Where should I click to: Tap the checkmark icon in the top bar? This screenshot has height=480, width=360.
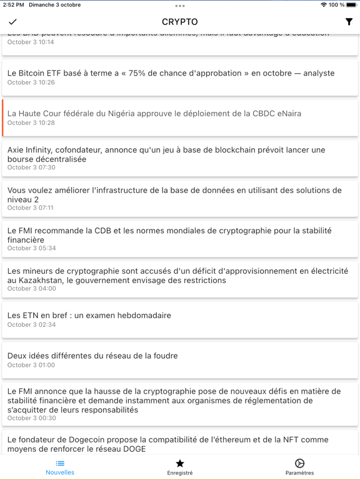(12, 22)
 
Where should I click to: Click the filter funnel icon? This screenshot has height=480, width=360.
(349, 22)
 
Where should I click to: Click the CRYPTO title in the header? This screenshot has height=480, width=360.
(179, 22)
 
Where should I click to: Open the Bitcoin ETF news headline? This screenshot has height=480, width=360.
(171, 73)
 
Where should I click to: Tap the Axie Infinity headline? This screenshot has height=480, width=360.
(166, 154)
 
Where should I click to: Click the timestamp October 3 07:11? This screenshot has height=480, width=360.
(31, 207)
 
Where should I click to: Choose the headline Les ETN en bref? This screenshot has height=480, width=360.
(89, 316)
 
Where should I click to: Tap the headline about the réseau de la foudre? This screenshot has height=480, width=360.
(92, 356)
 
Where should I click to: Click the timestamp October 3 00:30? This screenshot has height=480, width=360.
(31, 418)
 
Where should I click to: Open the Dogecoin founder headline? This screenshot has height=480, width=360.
(167, 444)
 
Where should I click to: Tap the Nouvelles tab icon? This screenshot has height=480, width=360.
(60, 463)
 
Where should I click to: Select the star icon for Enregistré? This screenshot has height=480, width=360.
(180, 463)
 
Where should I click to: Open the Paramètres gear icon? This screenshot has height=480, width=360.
(299, 463)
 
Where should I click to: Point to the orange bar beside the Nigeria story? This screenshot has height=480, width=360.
(3, 117)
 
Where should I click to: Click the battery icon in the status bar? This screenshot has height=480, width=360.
(352, 5)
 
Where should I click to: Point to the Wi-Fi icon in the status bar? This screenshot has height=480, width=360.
(323, 5)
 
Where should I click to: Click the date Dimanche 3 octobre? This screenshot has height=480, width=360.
(55, 5)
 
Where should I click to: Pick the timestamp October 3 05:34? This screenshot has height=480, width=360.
(31, 248)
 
